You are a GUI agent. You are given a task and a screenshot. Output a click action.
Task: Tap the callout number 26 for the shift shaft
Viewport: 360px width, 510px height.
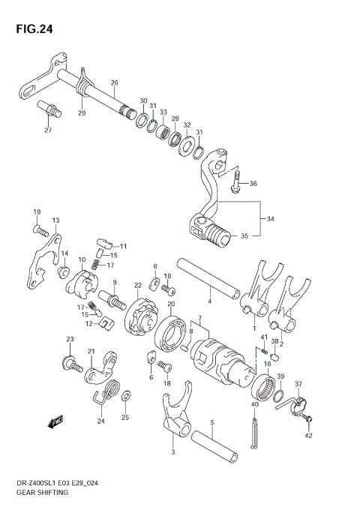click(x=114, y=82)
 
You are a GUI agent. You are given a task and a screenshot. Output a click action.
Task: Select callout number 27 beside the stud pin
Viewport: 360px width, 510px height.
click(x=48, y=130)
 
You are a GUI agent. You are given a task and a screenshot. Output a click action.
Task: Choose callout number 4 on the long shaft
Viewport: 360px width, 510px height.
click(x=210, y=301)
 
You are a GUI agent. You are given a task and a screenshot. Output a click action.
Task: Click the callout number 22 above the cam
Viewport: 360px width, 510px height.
click(x=138, y=285)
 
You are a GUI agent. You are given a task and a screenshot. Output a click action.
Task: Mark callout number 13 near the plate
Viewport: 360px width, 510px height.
click(x=55, y=220)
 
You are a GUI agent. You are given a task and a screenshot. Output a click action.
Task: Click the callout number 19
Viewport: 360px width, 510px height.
click(x=36, y=213)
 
